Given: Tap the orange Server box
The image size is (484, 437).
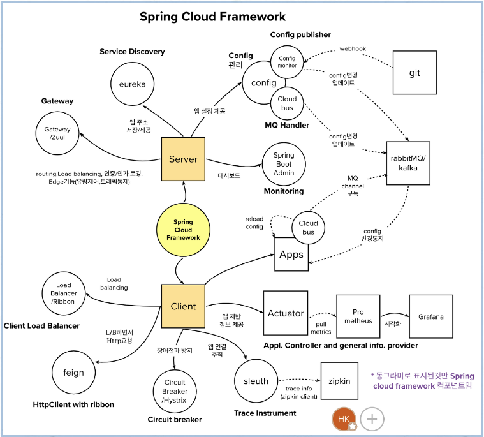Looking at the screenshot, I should (x=183, y=159).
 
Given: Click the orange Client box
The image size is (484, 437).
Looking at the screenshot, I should (x=183, y=306).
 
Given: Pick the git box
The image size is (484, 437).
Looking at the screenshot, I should (x=414, y=73).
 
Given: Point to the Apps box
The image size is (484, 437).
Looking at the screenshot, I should (x=291, y=255).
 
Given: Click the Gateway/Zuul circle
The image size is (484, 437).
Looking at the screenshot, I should (x=57, y=134).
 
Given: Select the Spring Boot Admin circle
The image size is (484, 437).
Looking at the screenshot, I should (x=284, y=165).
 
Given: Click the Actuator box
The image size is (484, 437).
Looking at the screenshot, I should (x=285, y=313).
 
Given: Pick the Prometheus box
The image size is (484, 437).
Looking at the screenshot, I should (x=358, y=316).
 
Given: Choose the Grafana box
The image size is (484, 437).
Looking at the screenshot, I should (x=431, y=316).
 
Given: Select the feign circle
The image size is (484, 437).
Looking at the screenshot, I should (x=74, y=373).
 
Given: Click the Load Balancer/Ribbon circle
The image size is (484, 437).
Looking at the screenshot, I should (x=63, y=293).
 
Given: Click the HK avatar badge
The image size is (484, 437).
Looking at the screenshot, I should (x=344, y=419).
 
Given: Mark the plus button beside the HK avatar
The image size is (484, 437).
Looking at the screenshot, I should (x=372, y=420).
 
